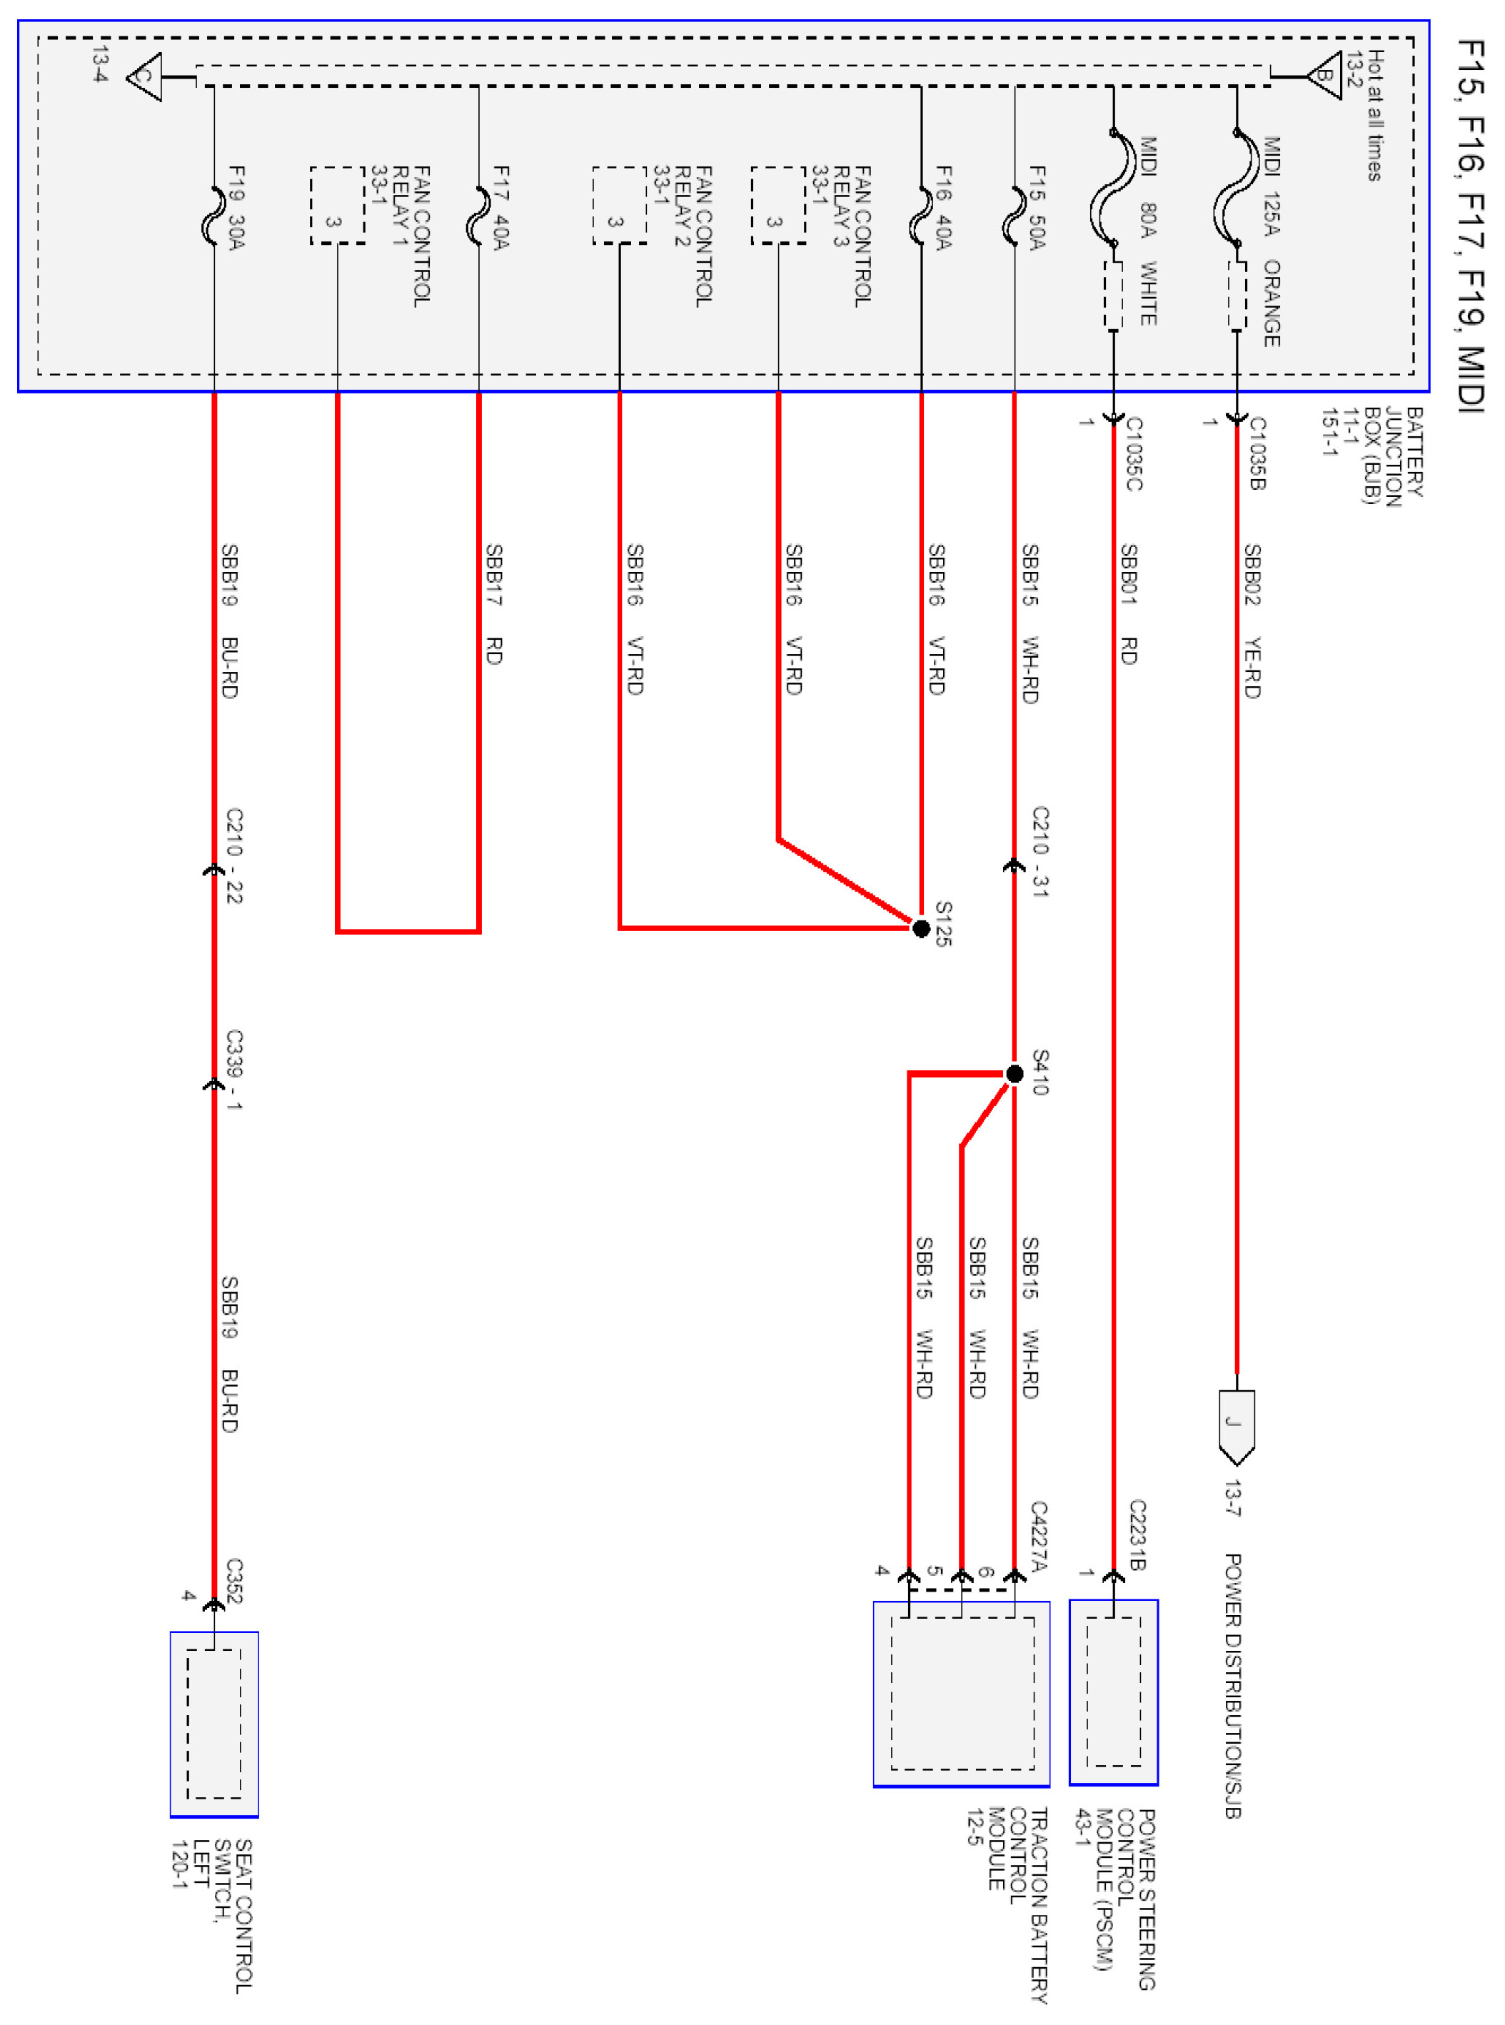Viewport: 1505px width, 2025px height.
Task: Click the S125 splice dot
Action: [921, 928]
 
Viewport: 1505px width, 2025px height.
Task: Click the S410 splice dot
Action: [1014, 1074]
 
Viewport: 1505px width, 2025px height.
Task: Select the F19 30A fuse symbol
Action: [214, 217]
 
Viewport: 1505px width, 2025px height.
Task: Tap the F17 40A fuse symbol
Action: [478, 217]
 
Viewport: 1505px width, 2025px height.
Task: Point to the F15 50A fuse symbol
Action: [1014, 217]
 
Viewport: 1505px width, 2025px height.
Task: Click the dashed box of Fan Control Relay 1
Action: [337, 205]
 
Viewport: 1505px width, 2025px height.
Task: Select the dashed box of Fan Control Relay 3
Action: [778, 205]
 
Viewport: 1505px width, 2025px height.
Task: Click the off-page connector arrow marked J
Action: [1237, 1424]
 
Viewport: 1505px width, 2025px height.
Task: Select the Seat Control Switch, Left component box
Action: [214, 1722]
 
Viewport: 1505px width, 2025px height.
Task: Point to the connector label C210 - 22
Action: [234, 855]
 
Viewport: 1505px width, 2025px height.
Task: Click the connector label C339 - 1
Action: [234, 1070]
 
